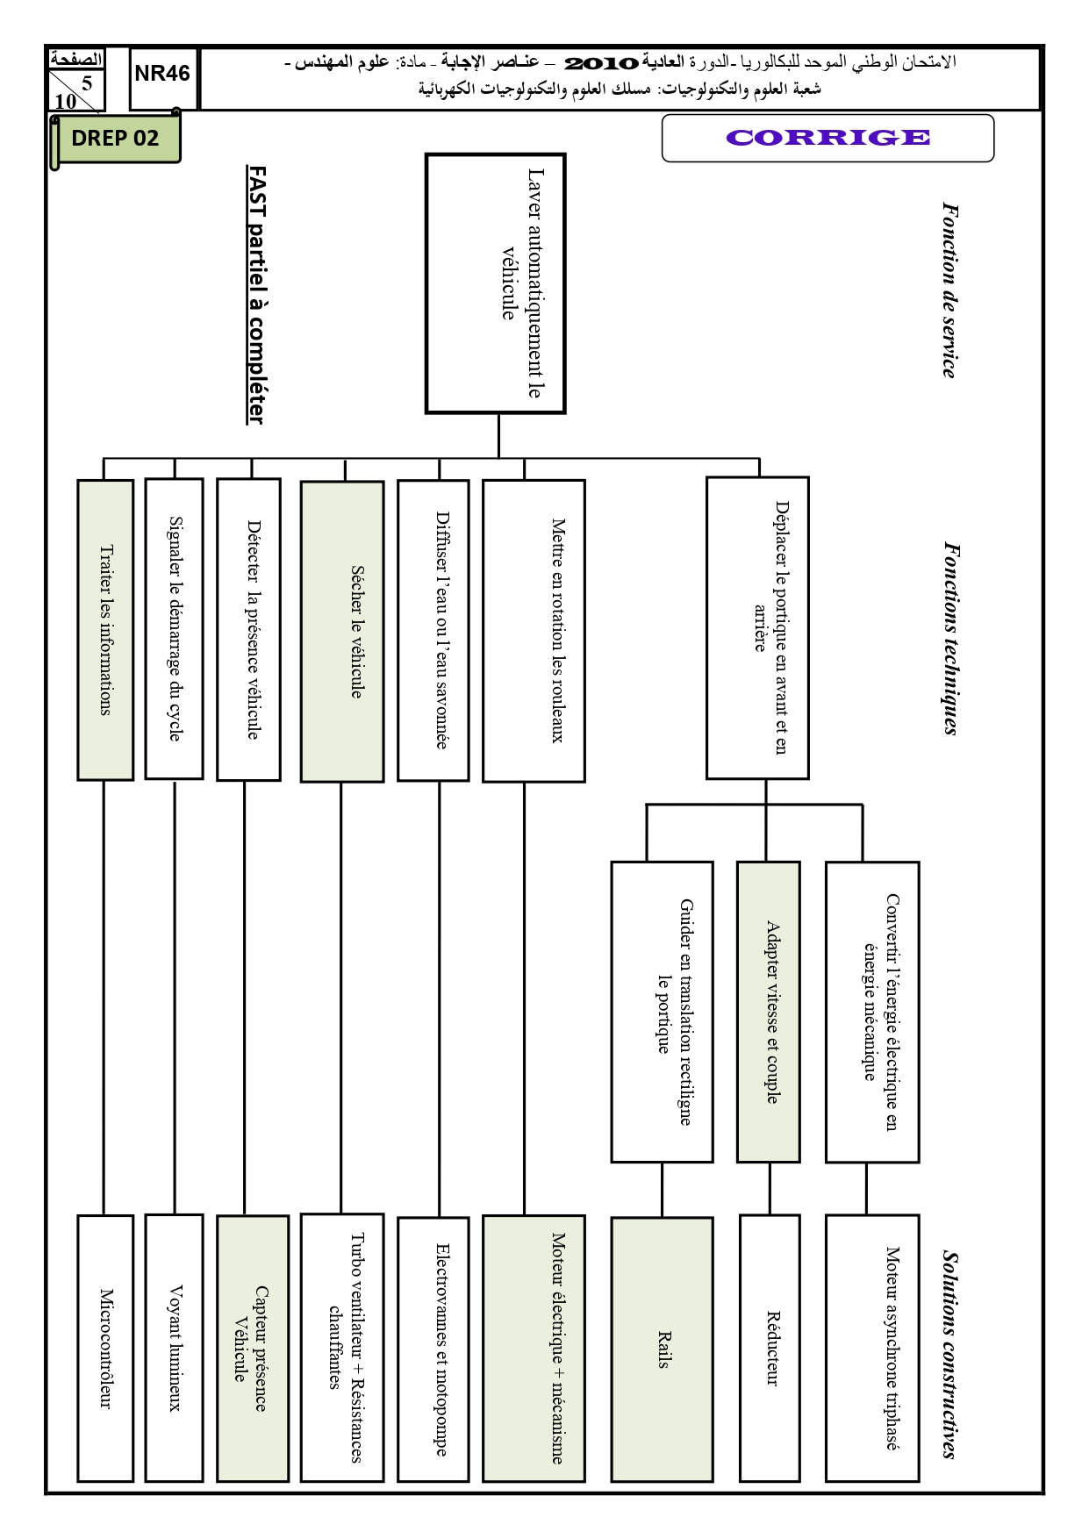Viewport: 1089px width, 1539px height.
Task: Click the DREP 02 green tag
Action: (x=116, y=139)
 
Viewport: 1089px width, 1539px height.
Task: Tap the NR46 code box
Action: (x=163, y=79)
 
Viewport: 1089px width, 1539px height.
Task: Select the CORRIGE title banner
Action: (x=827, y=138)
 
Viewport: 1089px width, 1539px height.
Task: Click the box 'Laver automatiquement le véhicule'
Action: (x=496, y=283)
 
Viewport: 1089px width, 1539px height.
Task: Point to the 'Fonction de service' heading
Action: (x=949, y=290)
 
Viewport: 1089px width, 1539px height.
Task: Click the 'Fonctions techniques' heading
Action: (x=950, y=638)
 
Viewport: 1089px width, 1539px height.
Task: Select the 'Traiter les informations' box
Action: (x=105, y=629)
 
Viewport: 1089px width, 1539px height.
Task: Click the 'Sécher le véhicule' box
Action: (x=342, y=631)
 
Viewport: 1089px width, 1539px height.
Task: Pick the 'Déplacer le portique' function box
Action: (x=757, y=627)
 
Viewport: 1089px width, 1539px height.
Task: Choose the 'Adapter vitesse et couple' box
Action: (x=769, y=1012)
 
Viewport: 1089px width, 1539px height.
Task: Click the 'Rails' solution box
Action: (x=663, y=1349)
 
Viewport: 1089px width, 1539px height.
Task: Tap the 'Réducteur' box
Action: (x=770, y=1349)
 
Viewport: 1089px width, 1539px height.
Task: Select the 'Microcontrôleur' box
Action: (x=105, y=1349)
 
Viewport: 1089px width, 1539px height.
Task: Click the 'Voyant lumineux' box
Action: (x=174, y=1349)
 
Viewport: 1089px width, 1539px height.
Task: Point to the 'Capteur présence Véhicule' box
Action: (x=253, y=1349)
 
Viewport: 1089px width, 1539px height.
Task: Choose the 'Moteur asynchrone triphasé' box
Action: (x=872, y=1349)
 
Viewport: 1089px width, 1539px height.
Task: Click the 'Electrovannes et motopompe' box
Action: (x=433, y=1349)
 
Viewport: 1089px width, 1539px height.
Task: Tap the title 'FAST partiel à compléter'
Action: (x=255, y=295)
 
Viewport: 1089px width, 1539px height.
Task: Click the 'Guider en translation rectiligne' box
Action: (x=662, y=1012)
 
